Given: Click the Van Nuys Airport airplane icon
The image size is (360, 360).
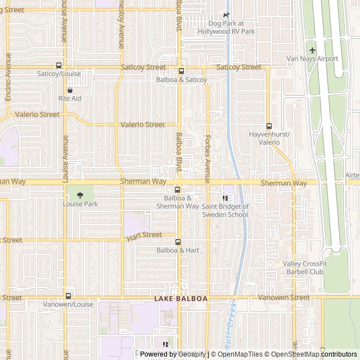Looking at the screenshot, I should (312, 50).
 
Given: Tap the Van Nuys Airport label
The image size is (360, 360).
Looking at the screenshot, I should (312, 58).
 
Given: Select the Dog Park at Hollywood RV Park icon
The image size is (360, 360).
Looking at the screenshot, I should (226, 15).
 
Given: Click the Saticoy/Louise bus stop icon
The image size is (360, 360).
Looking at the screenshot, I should (58, 65).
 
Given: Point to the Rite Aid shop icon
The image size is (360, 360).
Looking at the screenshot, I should (70, 89).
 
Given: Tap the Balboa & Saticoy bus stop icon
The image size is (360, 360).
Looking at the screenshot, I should (181, 71).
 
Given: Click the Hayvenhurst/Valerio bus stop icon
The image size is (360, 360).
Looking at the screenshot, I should (269, 126).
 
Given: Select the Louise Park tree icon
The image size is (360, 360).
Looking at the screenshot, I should (80, 195).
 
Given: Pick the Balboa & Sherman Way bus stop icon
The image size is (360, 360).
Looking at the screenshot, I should (177, 190).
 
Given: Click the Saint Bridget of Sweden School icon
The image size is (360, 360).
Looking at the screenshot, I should (225, 198).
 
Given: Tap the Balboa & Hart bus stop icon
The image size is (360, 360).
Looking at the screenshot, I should (178, 242).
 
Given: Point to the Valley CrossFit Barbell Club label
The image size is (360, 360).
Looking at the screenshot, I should (303, 268).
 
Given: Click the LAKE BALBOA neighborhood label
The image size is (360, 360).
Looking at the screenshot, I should (181, 299).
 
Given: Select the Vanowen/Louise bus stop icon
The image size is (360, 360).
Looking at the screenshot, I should (68, 296).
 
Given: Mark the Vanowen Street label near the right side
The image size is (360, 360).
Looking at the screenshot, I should (283, 297).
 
